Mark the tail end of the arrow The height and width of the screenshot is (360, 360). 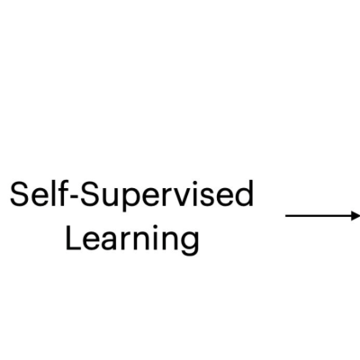point(287,216)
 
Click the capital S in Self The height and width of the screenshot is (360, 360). point(19,194)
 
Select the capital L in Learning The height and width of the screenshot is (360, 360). point(74,238)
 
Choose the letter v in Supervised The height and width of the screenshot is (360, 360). point(179,197)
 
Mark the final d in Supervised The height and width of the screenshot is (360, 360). point(245,194)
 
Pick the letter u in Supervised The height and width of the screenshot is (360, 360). point(108,197)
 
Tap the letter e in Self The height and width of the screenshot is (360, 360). point(38,197)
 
